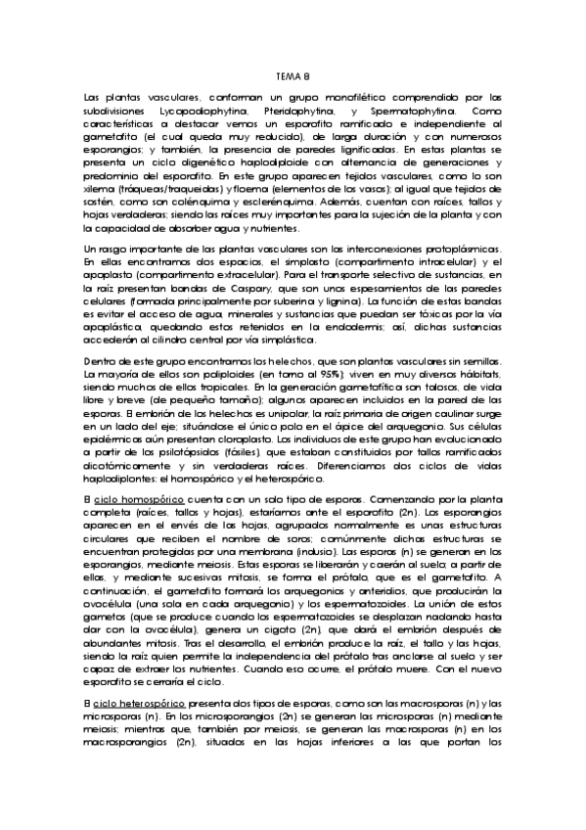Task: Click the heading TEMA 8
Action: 293,75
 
